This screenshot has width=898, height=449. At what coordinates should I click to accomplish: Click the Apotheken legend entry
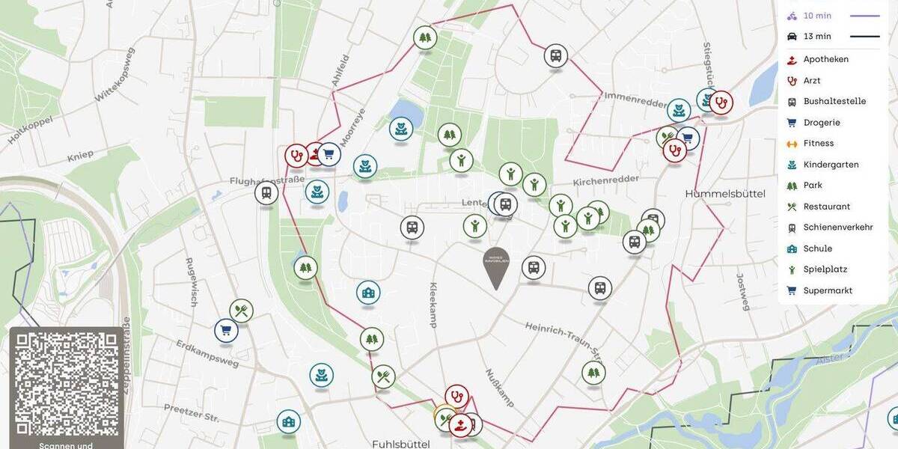point(825,59)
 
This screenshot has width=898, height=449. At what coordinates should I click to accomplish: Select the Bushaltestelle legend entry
point(834,101)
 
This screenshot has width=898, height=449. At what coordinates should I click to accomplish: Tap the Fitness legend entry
point(818,143)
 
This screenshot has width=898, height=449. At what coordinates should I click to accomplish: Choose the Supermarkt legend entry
point(828,290)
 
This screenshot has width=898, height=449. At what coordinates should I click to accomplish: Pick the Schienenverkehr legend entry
point(837,227)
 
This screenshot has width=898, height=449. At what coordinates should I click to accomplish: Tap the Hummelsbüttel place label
point(725,194)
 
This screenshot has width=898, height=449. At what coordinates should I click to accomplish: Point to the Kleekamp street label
point(433,305)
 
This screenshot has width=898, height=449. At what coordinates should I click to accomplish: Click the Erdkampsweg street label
point(207,353)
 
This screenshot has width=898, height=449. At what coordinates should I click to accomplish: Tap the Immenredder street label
point(634,97)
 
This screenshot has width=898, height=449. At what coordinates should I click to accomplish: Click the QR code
point(67,384)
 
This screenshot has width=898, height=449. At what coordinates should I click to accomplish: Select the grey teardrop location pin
point(496,266)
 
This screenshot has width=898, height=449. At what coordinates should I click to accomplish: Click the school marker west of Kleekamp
point(368,293)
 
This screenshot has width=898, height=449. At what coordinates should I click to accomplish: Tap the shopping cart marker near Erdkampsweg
point(226,330)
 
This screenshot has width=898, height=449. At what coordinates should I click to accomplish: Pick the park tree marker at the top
point(425,37)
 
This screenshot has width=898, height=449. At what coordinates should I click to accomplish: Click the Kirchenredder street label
point(606,181)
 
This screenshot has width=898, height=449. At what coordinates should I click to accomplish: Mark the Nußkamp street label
point(499,388)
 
